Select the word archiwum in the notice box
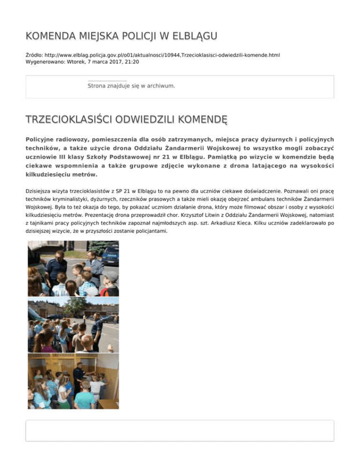click(x=160, y=86)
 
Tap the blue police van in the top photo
click(x=111, y=254)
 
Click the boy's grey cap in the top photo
click(x=110, y=276)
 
